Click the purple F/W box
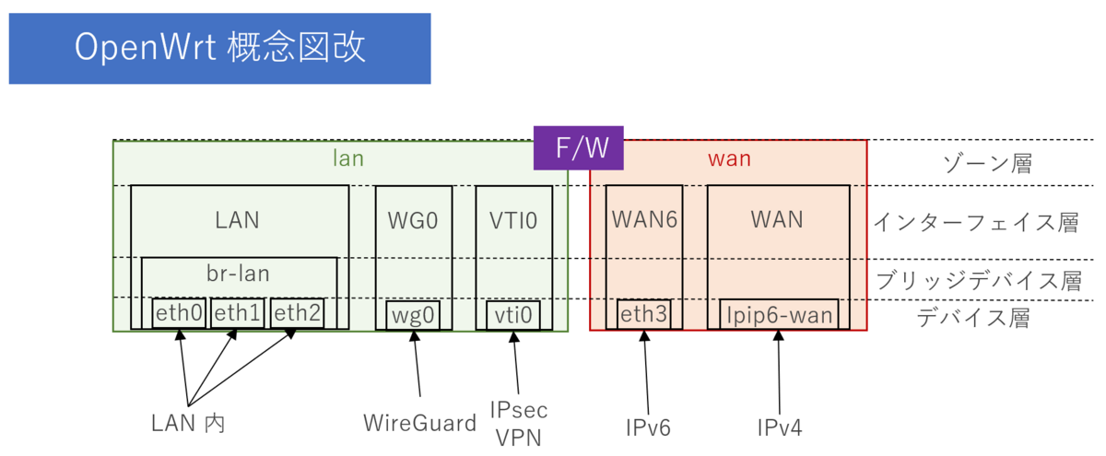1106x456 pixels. click(x=578, y=148)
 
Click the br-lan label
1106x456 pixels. click(x=238, y=275)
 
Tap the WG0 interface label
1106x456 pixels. click(x=413, y=221)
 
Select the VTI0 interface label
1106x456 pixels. click(x=513, y=221)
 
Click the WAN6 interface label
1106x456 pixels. click(x=644, y=221)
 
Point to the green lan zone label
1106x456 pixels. click(x=347, y=158)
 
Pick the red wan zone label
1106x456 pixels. click(x=729, y=158)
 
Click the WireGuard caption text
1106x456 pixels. click(x=419, y=424)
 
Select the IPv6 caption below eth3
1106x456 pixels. click(x=648, y=427)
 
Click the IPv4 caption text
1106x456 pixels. click(x=780, y=427)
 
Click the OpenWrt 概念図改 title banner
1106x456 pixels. click(x=219, y=48)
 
